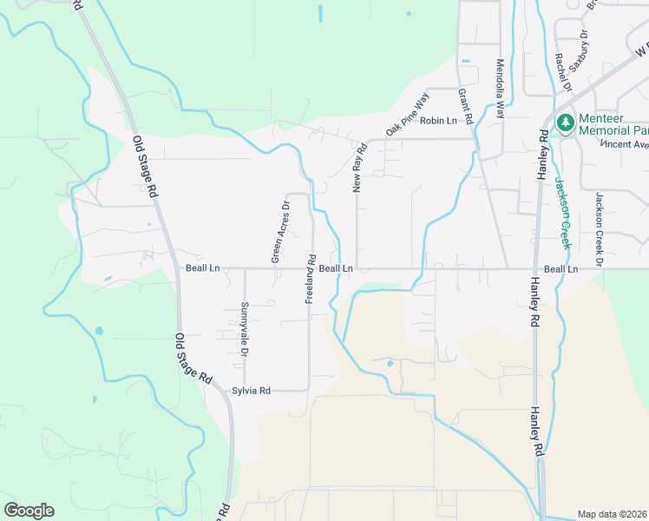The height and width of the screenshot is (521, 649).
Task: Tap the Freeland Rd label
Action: point(310,278)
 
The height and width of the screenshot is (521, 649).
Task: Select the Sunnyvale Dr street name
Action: point(245,331)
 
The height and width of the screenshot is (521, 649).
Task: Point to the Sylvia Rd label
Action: point(252,391)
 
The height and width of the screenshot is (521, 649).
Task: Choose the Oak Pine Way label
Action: point(408,115)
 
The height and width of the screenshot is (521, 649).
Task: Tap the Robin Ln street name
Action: point(438,121)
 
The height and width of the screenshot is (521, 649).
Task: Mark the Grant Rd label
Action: point(465,104)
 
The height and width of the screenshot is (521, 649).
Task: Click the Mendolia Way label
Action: point(499,88)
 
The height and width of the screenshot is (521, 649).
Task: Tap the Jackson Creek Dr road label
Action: point(598,229)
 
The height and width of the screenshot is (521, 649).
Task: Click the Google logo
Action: point(29,511)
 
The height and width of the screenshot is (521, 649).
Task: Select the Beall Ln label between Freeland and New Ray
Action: point(336,269)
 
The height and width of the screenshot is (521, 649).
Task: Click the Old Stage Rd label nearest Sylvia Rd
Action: point(193,359)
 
